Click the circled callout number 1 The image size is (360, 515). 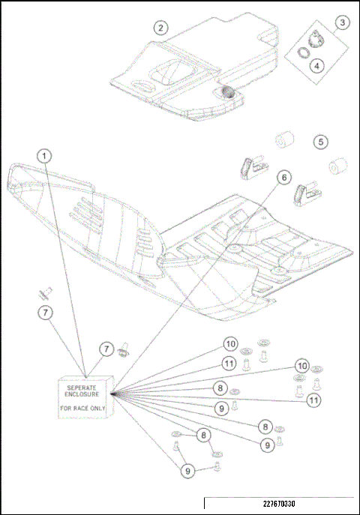click(46, 156)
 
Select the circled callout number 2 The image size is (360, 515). click(161, 28)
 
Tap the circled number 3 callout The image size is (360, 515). click(341, 23)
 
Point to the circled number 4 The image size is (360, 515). click(318, 65)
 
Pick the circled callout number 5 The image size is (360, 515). click(320, 141)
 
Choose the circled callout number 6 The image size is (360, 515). click(283, 178)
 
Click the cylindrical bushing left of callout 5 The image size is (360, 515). click(283, 140)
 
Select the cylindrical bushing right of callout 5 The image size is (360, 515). click(337, 166)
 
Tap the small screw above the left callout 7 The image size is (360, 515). click(46, 289)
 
